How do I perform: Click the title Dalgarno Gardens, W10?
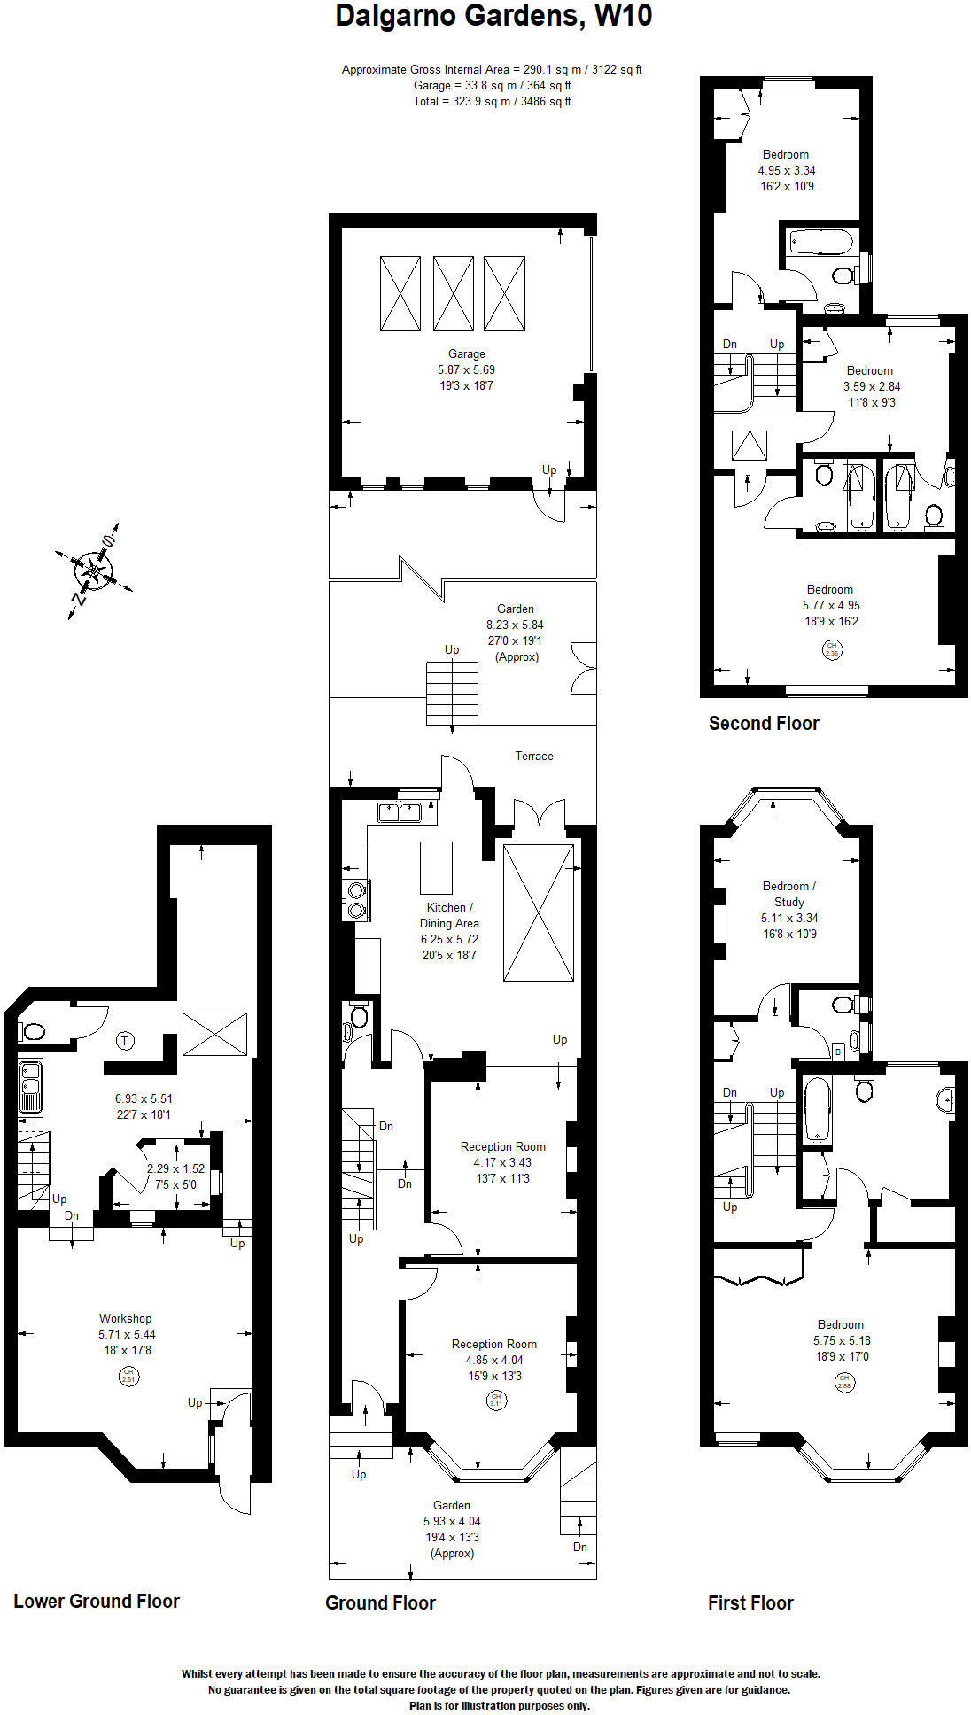pyautogui.click(x=493, y=16)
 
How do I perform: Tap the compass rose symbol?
pyautogui.click(x=93, y=570)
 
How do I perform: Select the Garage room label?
pyautogui.click(x=466, y=353)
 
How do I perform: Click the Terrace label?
pyautogui.click(x=533, y=756)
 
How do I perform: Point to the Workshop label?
pyautogui.click(x=125, y=1318)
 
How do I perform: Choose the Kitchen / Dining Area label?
pyautogui.click(x=449, y=915)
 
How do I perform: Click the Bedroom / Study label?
pyautogui.click(x=788, y=894)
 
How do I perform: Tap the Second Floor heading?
pyautogui.click(x=763, y=723)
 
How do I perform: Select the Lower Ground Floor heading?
pyautogui.click(x=97, y=1601)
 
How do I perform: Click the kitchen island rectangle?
pyautogui.click(x=436, y=867)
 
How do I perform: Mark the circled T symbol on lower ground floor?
pyautogui.click(x=126, y=1041)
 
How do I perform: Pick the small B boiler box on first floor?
pyautogui.click(x=838, y=1052)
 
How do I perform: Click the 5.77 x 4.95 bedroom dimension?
pyautogui.click(x=830, y=605)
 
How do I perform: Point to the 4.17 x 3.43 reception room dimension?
pyautogui.click(x=502, y=1162)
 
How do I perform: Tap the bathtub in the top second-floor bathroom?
pyautogui.click(x=820, y=242)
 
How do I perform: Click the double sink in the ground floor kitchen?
pyautogui.click(x=399, y=811)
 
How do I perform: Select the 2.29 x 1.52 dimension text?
pyautogui.click(x=175, y=1168)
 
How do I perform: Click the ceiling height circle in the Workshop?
pyautogui.click(x=128, y=1376)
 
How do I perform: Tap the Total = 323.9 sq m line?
pyautogui.click(x=492, y=101)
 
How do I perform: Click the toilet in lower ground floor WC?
pyautogui.click(x=33, y=1031)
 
